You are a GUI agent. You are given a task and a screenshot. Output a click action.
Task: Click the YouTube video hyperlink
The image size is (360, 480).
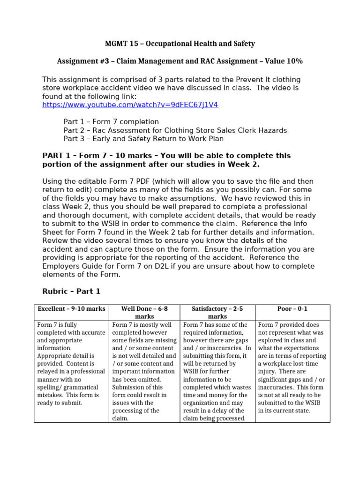(x=130, y=105)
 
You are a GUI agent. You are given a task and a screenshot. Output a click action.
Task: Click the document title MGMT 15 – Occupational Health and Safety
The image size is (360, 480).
(x=180, y=44)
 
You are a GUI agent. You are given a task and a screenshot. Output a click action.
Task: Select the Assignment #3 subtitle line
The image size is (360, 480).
(x=180, y=61)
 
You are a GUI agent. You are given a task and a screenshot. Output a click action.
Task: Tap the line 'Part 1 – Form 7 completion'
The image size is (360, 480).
(x=111, y=122)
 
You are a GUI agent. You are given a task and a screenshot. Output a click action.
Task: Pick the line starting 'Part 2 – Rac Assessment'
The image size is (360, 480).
(x=175, y=130)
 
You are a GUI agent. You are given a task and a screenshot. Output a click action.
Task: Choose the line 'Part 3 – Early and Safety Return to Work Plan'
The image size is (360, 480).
(x=143, y=139)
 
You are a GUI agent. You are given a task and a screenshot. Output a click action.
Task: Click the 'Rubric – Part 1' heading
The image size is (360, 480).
(x=71, y=291)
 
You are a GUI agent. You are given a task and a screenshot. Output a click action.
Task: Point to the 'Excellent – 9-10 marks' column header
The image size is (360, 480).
(x=71, y=309)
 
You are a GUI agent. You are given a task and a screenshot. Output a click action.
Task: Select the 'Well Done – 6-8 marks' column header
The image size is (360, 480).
(x=144, y=313)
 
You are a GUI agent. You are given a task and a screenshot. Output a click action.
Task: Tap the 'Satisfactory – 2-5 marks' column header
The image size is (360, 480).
(x=217, y=313)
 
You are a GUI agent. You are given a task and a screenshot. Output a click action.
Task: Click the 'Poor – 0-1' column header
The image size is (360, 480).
(x=292, y=309)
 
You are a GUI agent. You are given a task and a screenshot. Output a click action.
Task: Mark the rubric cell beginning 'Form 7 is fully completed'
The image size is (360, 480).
(x=71, y=364)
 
